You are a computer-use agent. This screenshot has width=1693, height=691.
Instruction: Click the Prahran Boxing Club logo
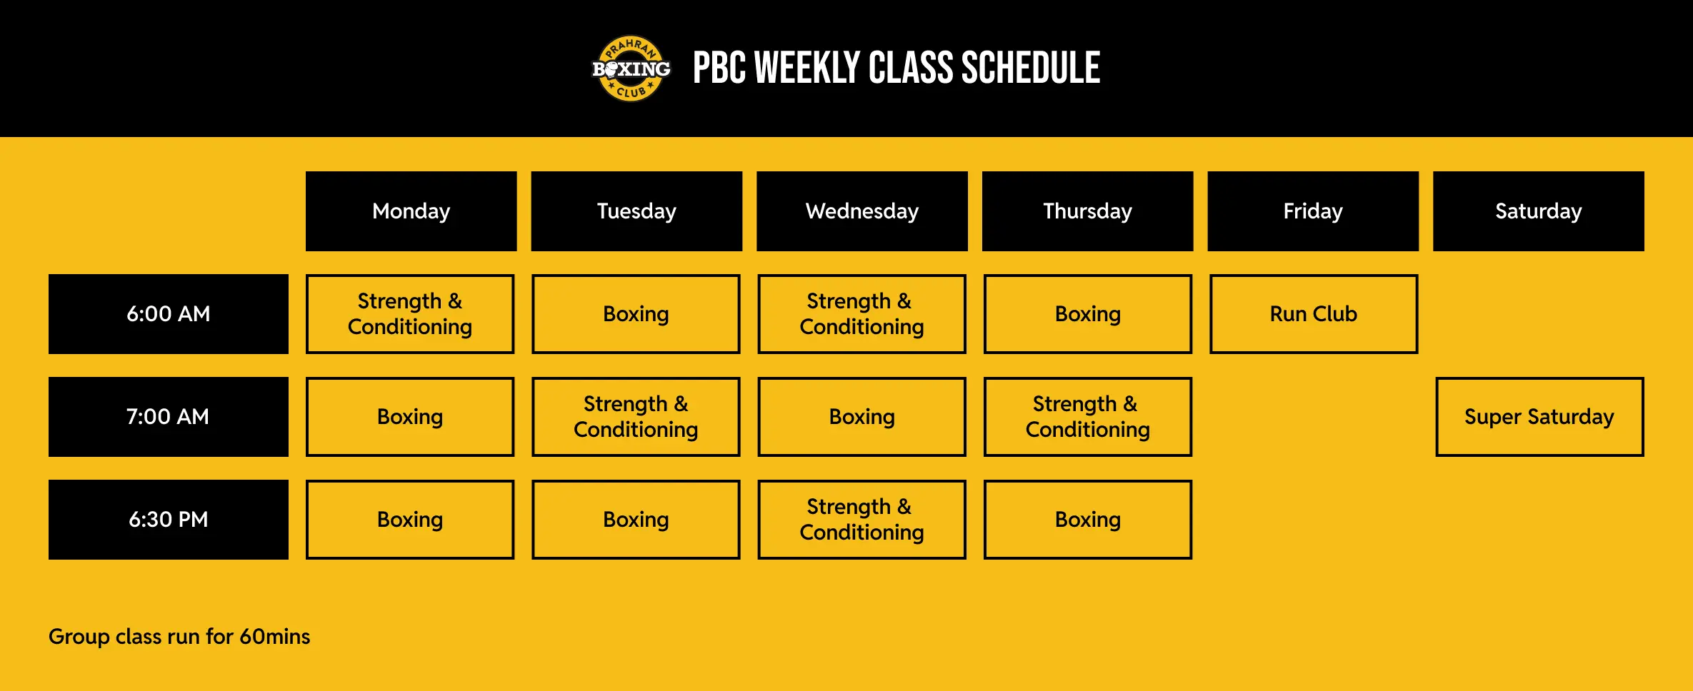631,69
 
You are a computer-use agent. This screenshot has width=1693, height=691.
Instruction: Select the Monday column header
411,211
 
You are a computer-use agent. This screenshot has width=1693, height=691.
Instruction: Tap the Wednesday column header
862,211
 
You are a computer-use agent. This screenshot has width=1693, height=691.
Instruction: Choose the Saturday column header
1538,211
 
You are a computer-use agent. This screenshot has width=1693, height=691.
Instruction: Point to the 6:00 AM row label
169,314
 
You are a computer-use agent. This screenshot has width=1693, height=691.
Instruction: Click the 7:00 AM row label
169,417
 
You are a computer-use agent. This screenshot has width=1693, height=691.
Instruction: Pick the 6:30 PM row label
169,520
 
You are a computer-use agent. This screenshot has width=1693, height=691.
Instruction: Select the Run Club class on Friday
1313,314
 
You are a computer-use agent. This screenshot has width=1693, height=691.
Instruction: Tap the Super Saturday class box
1539,417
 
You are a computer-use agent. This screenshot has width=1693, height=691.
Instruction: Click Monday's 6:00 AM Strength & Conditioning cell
410,314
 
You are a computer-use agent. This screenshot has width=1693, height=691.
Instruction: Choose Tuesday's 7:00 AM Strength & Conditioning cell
636,417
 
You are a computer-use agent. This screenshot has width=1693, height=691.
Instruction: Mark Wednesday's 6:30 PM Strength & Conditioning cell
862,520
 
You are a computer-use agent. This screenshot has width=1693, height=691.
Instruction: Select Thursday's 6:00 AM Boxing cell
1087,314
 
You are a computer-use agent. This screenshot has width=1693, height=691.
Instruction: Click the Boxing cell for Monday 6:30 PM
410,520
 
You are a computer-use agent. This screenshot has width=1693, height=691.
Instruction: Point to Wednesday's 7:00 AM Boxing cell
862,417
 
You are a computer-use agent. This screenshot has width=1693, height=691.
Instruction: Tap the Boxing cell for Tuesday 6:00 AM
636,314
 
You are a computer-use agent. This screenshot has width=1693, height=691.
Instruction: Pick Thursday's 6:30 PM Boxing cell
1087,520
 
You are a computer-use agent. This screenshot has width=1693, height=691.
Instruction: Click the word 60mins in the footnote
274,637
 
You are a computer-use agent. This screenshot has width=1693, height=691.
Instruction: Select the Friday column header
1313,211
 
